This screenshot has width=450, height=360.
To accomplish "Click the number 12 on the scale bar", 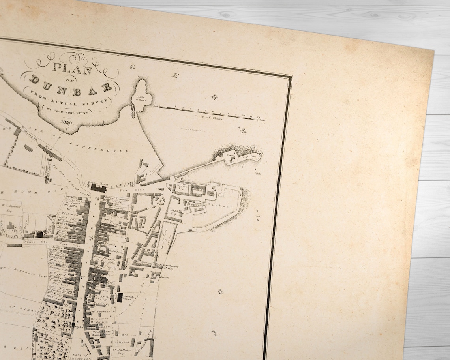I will click(x=258, y=117).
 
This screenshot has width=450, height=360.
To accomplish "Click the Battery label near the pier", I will click(x=229, y=156).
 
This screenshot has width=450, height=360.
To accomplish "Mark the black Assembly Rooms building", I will click(x=120, y=298).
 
